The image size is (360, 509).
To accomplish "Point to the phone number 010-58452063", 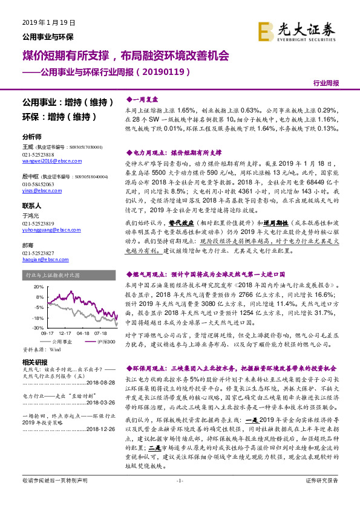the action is (x=40, y=183).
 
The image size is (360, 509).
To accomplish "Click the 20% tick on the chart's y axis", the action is (x=39, y=287).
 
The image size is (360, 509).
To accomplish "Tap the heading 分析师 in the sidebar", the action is (x=31, y=137).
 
